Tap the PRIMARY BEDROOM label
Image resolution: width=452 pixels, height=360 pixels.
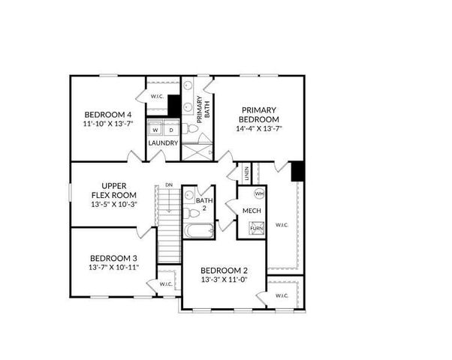258,114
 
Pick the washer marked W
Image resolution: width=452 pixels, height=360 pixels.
155,130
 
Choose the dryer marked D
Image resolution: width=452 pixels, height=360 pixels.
170,130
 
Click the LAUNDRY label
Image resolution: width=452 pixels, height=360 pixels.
163,143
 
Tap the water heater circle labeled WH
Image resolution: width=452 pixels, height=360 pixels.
259,193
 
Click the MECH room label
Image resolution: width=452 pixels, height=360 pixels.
252,211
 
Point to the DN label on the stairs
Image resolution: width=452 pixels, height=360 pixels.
169,184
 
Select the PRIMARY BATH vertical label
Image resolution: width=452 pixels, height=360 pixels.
205,109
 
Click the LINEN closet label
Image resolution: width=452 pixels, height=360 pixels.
246,175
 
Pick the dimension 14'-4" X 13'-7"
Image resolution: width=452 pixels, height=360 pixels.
258,128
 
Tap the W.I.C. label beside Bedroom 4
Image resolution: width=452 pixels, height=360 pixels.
158,97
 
